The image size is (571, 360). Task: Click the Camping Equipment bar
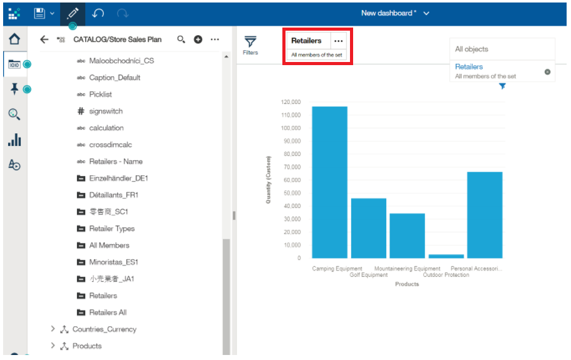click(x=329, y=182)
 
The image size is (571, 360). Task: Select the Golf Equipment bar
click(x=368, y=228)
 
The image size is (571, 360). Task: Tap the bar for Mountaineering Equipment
click(x=407, y=235)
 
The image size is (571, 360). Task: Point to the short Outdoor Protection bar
click(x=446, y=256)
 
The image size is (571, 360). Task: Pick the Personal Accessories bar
click(x=485, y=215)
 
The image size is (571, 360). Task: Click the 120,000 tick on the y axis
click(x=291, y=102)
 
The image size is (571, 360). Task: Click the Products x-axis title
click(x=407, y=284)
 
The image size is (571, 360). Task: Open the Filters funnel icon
click(x=250, y=42)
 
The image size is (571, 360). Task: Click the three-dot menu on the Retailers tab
click(x=339, y=41)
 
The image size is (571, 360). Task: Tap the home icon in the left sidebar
click(x=14, y=39)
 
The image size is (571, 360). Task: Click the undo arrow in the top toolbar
click(x=98, y=13)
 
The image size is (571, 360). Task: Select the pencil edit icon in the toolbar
click(x=73, y=13)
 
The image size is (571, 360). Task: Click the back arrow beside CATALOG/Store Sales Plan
click(x=44, y=39)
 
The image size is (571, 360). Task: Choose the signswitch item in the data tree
click(x=106, y=111)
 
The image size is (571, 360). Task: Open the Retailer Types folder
click(x=111, y=229)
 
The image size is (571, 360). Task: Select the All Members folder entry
click(x=109, y=245)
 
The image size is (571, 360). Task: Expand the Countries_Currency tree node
click(x=53, y=329)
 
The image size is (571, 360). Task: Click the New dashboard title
click(x=389, y=13)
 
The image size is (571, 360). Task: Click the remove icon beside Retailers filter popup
click(x=547, y=71)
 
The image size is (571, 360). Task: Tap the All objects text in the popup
click(x=471, y=49)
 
